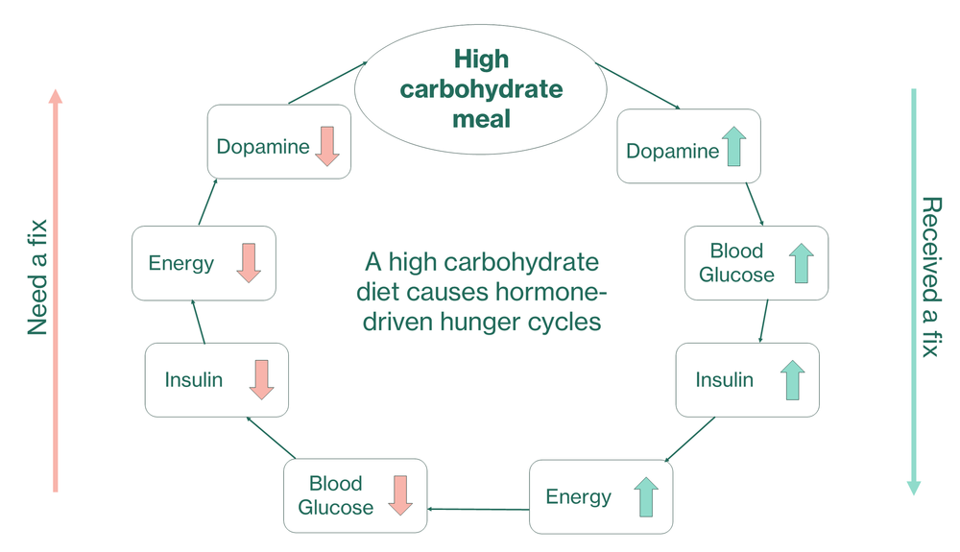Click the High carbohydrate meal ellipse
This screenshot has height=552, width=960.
[481, 90]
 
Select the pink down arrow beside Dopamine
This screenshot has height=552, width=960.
[326, 146]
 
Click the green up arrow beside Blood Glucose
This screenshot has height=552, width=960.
[801, 263]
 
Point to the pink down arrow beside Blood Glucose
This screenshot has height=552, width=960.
[400, 495]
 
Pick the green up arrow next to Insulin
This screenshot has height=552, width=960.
[792, 380]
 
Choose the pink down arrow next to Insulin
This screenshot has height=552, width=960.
[261, 380]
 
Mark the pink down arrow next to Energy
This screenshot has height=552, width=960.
[248, 262]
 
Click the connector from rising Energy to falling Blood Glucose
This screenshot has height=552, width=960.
[477, 508]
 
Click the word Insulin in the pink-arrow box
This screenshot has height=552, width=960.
[194, 380]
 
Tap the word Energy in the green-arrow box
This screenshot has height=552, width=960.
[578, 496]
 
